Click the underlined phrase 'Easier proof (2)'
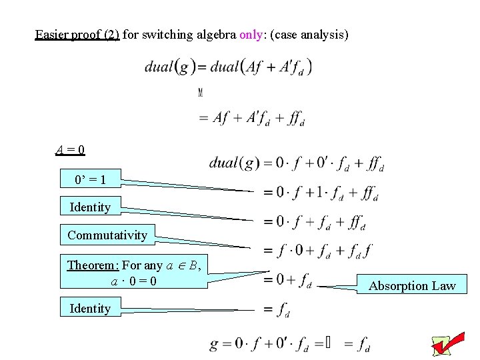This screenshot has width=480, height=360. (x=77, y=33)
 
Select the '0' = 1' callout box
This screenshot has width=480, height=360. (x=90, y=179)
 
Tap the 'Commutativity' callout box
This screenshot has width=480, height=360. (x=107, y=235)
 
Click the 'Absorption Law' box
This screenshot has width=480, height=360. (x=412, y=286)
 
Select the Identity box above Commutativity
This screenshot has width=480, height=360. (x=90, y=207)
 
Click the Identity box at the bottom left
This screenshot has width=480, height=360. (x=90, y=308)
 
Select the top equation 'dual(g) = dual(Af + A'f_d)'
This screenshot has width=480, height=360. (x=228, y=67)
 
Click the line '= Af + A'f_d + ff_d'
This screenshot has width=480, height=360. (x=251, y=118)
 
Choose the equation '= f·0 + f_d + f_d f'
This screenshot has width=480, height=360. (x=317, y=251)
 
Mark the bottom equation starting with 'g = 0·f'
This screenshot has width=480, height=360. (x=289, y=345)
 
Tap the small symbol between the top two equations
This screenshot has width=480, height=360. (x=200, y=92)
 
